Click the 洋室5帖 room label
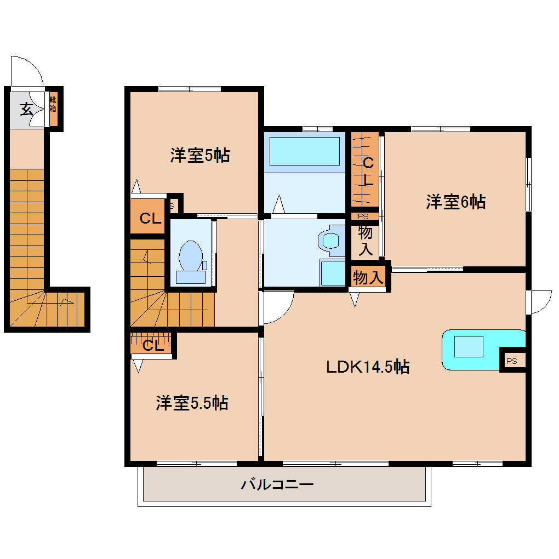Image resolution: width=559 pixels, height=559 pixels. click(199, 156)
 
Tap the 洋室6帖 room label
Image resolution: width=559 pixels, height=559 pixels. click(455, 202)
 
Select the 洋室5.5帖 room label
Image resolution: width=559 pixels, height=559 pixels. click(192, 403)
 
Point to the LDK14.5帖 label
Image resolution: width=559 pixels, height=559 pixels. click(368, 367)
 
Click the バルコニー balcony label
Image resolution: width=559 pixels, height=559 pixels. click(277, 484)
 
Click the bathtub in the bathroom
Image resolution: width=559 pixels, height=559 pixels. click(304, 151)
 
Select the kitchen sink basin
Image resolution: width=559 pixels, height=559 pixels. click(468, 347)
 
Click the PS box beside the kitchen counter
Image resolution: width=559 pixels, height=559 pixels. click(512, 361)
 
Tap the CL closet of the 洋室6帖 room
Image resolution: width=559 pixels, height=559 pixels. click(366, 170)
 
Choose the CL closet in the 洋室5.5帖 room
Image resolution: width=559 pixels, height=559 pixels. click(152, 345)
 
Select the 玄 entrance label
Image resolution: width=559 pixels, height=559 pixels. click(26, 109)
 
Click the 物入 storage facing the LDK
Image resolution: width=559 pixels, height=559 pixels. click(367, 277)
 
